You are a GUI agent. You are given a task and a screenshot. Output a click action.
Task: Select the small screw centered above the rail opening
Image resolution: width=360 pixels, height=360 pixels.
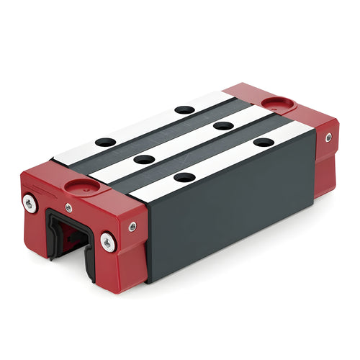(x=68, y=207)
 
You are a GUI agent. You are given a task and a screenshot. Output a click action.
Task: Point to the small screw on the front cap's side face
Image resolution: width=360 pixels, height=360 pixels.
(x=132, y=227)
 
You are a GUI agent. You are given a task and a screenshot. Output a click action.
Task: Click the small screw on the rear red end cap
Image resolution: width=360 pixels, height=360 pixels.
(x=328, y=137)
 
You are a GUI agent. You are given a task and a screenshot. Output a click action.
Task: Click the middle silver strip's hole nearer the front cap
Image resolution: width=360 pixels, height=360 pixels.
(x=145, y=159)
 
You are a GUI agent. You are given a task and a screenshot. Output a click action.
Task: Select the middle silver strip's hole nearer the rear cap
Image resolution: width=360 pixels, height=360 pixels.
(x=223, y=125)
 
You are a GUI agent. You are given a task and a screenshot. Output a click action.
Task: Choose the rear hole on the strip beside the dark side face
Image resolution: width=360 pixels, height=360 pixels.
(x=263, y=142)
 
